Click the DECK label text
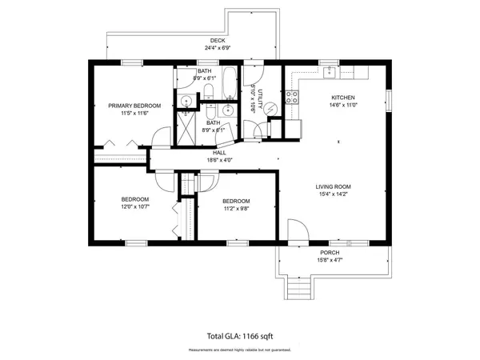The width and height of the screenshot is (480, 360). pyautogui.click(x=218, y=40)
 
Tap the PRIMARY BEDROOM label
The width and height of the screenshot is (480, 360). pyautogui.click(x=135, y=106)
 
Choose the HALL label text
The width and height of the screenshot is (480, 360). pyautogui.click(x=219, y=152)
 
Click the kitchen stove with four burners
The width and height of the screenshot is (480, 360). pyautogui.click(x=293, y=98)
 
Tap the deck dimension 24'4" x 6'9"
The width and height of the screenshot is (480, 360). pyautogui.click(x=218, y=48)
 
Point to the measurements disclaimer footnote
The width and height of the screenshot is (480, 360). pyautogui.click(x=240, y=350)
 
